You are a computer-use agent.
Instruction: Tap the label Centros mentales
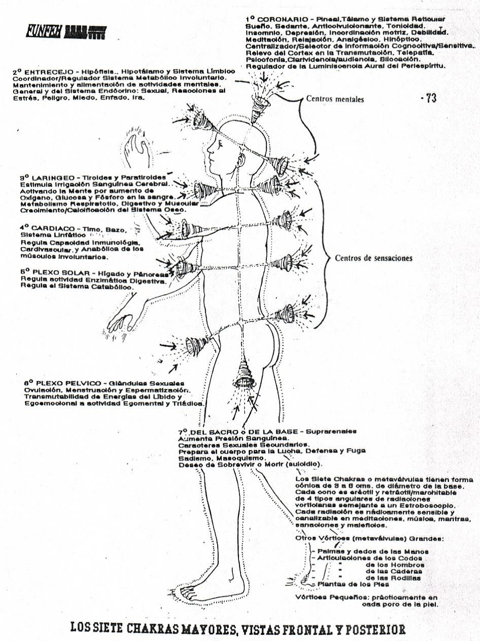coord(335,99)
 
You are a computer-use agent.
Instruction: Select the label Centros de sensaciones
coord(374,258)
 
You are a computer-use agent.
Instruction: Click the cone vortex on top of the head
coord(262,104)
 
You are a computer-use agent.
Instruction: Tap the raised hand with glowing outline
coord(137,147)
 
